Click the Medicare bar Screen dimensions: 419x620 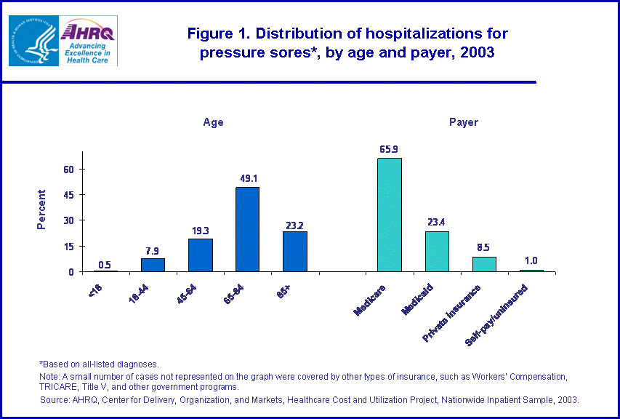pyautogui.click(x=389, y=215)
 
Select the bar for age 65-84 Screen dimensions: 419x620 pyautogui.click(x=247, y=229)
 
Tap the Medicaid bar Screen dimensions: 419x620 pyautogui.click(x=437, y=251)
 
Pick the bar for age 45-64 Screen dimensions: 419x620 pyautogui.click(x=200, y=255)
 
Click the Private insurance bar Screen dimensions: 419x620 pyautogui.click(x=484, y=264)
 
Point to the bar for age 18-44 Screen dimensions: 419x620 pyautogui.click(x=153, y=265)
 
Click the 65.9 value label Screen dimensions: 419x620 pyautogui.click(x=389, y=149)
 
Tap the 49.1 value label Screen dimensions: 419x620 pyautogui.click(x=247, y=177)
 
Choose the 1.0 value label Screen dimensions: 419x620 pyautogui.click(x=531, y=261)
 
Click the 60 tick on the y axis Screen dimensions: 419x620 pyautogui.click(x=71, y=169)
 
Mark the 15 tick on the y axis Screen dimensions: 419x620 pyautogui.click(x=71, y=247)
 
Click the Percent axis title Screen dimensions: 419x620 pyautogui.click(x=41, y=209)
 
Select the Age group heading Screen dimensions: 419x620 pyautogui.click(x=213, y=122)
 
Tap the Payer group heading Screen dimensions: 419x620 pyautogui.click(x=464, y=122)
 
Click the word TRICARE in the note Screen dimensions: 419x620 pyautogui.click(x=59, y=387)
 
